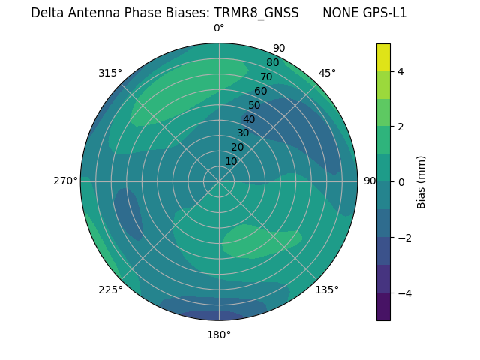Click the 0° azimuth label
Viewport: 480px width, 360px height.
tap(219, 28)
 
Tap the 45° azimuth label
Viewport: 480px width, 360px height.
tap(327, 73)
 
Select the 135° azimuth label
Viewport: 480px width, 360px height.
tap(327, 289)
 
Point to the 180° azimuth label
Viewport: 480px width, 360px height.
tap(219, 334)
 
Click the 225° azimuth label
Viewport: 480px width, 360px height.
tap(110, 290)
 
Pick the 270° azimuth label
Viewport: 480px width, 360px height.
tap(66, 181)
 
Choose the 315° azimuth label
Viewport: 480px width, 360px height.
tap(110, 73)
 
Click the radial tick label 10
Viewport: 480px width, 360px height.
tap(231, 161)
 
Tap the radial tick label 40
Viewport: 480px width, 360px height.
tap(249, 119)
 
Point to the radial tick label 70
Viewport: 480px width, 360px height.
tap(266, 76)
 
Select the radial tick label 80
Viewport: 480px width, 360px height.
tap(272, 62)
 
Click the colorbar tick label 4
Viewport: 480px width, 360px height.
tap(401, 71)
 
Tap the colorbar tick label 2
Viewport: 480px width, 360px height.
tap(401, 127)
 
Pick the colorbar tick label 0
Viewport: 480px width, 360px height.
tap(401, 182)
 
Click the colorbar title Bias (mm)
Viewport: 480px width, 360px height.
tap(421, 182)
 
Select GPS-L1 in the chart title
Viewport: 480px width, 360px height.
tap(382, 13)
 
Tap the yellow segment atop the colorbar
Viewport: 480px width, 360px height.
tap(383, 58)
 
